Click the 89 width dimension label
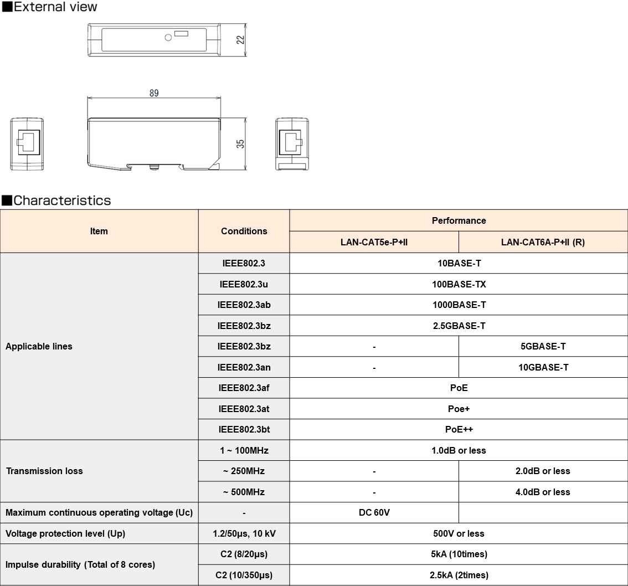(x=153, y=93)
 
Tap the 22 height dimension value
(x=240, y=40)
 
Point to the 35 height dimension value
(x=240, y=143)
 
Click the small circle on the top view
(x=168, y=38)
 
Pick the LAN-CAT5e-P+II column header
(x=374, y=242)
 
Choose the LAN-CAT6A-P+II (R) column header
(x=543, y=242)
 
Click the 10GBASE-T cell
(x=543, y=367)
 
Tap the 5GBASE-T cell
(x=543, y=347)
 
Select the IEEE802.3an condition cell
(x=244, y=367)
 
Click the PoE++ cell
(x=459, y=429)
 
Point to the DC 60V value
(x=374, y=512)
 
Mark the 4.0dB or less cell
(x=543, y=492)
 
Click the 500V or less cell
(x=459, y=533)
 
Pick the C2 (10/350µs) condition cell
(x=244, y=575)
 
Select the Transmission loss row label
(x=44, y=471)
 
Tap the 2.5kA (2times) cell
(x=459, y=575)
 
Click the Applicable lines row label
(x=39, y=347)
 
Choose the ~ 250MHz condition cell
(x=244, y=471)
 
